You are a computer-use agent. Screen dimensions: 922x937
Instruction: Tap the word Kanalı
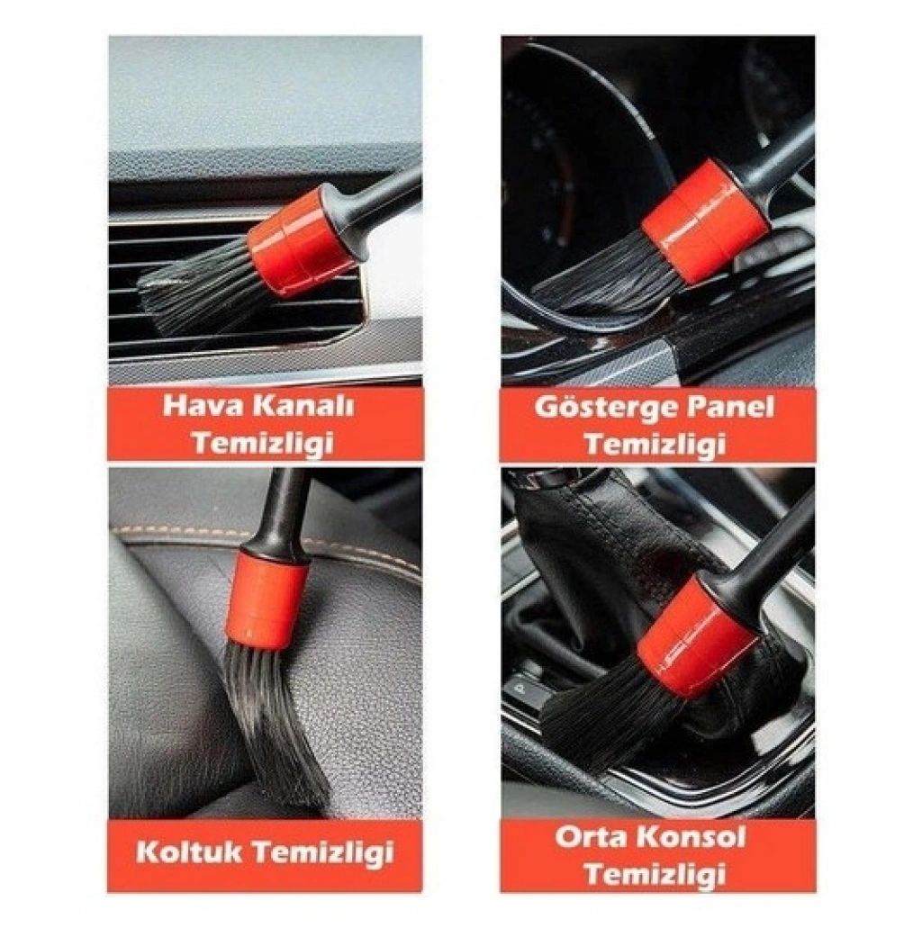(x=303, y=406)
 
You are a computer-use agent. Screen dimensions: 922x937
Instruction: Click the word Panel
(x=730, y=406)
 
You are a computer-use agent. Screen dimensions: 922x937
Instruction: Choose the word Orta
(x=590, y=836)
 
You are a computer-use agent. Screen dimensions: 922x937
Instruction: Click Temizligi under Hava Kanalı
(x=263, y=444)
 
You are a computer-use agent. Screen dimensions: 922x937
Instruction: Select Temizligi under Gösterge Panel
(x=655, y=444)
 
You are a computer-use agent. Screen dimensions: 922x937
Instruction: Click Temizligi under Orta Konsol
(x=655, y=875)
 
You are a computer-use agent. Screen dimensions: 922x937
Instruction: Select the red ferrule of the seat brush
(x=267, y=599)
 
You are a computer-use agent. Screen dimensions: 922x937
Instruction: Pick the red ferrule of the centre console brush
(x=698, y=637)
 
